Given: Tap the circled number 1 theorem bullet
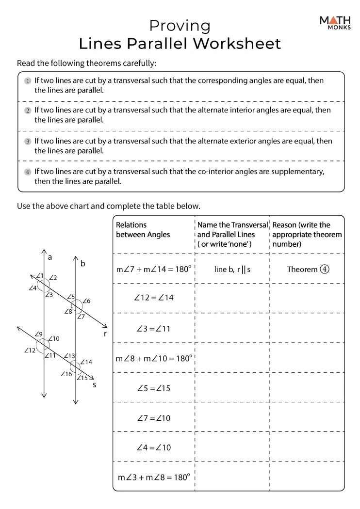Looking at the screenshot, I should point(28,81).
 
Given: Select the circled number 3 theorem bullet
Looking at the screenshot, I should point(28,142).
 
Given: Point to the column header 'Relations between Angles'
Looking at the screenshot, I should point(143,230).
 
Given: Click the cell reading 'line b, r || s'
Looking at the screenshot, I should point(232,269).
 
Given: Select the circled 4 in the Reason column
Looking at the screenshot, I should point(324,269).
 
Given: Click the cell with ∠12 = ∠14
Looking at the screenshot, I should point(153,298).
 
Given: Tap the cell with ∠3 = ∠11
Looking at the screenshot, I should point(153,328).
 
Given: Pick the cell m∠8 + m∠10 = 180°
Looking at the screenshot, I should point(154,358).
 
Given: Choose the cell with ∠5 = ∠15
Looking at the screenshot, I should point(153,388).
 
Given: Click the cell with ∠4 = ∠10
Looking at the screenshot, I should point(153,447).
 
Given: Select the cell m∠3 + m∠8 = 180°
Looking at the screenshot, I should point(153,477).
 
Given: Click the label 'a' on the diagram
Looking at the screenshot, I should point(50,257).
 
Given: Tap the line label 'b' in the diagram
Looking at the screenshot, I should point(82,264).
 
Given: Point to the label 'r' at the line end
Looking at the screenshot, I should point(105,334).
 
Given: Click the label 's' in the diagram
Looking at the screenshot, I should point(94,385).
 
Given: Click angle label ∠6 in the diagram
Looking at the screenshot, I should point(86,301).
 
